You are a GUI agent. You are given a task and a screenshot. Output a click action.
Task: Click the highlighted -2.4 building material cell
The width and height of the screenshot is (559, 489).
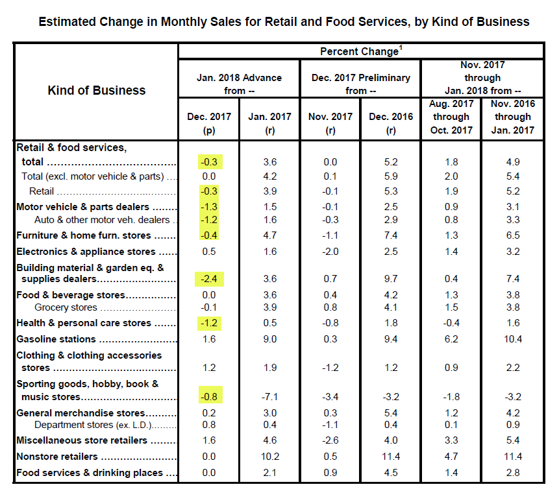click(x=209, y=279)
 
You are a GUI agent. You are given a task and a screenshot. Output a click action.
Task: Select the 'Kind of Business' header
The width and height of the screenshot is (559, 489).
click(x=97, y=90)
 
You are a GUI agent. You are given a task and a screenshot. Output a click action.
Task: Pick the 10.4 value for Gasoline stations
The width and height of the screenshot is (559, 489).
click(x=513, y=339)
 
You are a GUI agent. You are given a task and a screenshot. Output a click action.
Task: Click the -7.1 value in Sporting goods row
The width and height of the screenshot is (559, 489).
click(x=269, y=397)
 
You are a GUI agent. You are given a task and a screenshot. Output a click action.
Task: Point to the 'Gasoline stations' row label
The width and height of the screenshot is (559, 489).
click(x=56, y=339)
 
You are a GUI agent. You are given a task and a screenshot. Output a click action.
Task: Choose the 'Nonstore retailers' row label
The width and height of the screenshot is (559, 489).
click(x=57, y=457)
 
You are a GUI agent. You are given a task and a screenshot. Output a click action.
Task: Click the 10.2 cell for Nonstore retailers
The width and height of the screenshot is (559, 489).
click(x=270, y=457)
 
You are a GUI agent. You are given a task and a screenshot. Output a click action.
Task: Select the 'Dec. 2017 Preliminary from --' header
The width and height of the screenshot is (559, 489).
click(x=361, y=84)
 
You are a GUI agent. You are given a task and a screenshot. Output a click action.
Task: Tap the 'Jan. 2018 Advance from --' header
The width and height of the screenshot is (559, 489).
click(x=239, y=84)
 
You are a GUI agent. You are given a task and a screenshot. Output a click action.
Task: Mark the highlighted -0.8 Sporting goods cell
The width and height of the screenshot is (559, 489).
click(x=211, y=395)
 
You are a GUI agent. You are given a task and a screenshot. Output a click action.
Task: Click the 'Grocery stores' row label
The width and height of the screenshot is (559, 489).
click(x=66, y=307)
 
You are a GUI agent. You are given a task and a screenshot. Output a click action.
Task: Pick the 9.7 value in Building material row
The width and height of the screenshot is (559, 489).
click(x=391, y=279)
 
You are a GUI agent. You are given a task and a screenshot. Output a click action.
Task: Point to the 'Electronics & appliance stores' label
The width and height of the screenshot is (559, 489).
click(x=86, y=252)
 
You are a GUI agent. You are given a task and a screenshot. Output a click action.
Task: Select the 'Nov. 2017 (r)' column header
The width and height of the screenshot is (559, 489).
click(x=330, y=123)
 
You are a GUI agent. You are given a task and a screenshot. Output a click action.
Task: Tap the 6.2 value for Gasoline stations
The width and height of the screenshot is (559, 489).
click(x=451, y=339)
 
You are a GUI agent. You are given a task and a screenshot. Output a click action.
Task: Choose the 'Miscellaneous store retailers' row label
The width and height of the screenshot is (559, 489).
click(x=82, y=440)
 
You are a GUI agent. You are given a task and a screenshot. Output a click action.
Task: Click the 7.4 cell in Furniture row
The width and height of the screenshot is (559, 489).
click(x=391, y=235)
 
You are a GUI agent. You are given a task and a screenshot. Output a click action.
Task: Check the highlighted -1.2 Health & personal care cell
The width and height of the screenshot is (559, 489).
click(x=209, y=324)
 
